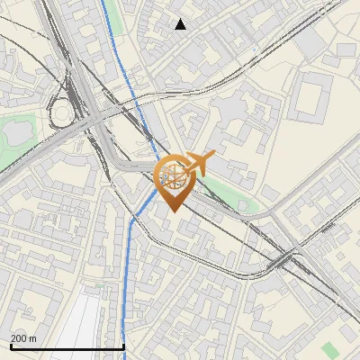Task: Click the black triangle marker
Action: (181, 24)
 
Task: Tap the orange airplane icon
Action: (197, 165)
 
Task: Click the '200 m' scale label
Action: (23, 338)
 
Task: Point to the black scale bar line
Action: (67, 346)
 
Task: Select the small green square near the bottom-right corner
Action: (329, 347)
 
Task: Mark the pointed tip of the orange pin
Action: (173, 211)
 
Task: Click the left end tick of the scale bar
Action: (11, 346)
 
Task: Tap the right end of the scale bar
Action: (123, 346)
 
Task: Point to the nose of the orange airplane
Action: (213, 156)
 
